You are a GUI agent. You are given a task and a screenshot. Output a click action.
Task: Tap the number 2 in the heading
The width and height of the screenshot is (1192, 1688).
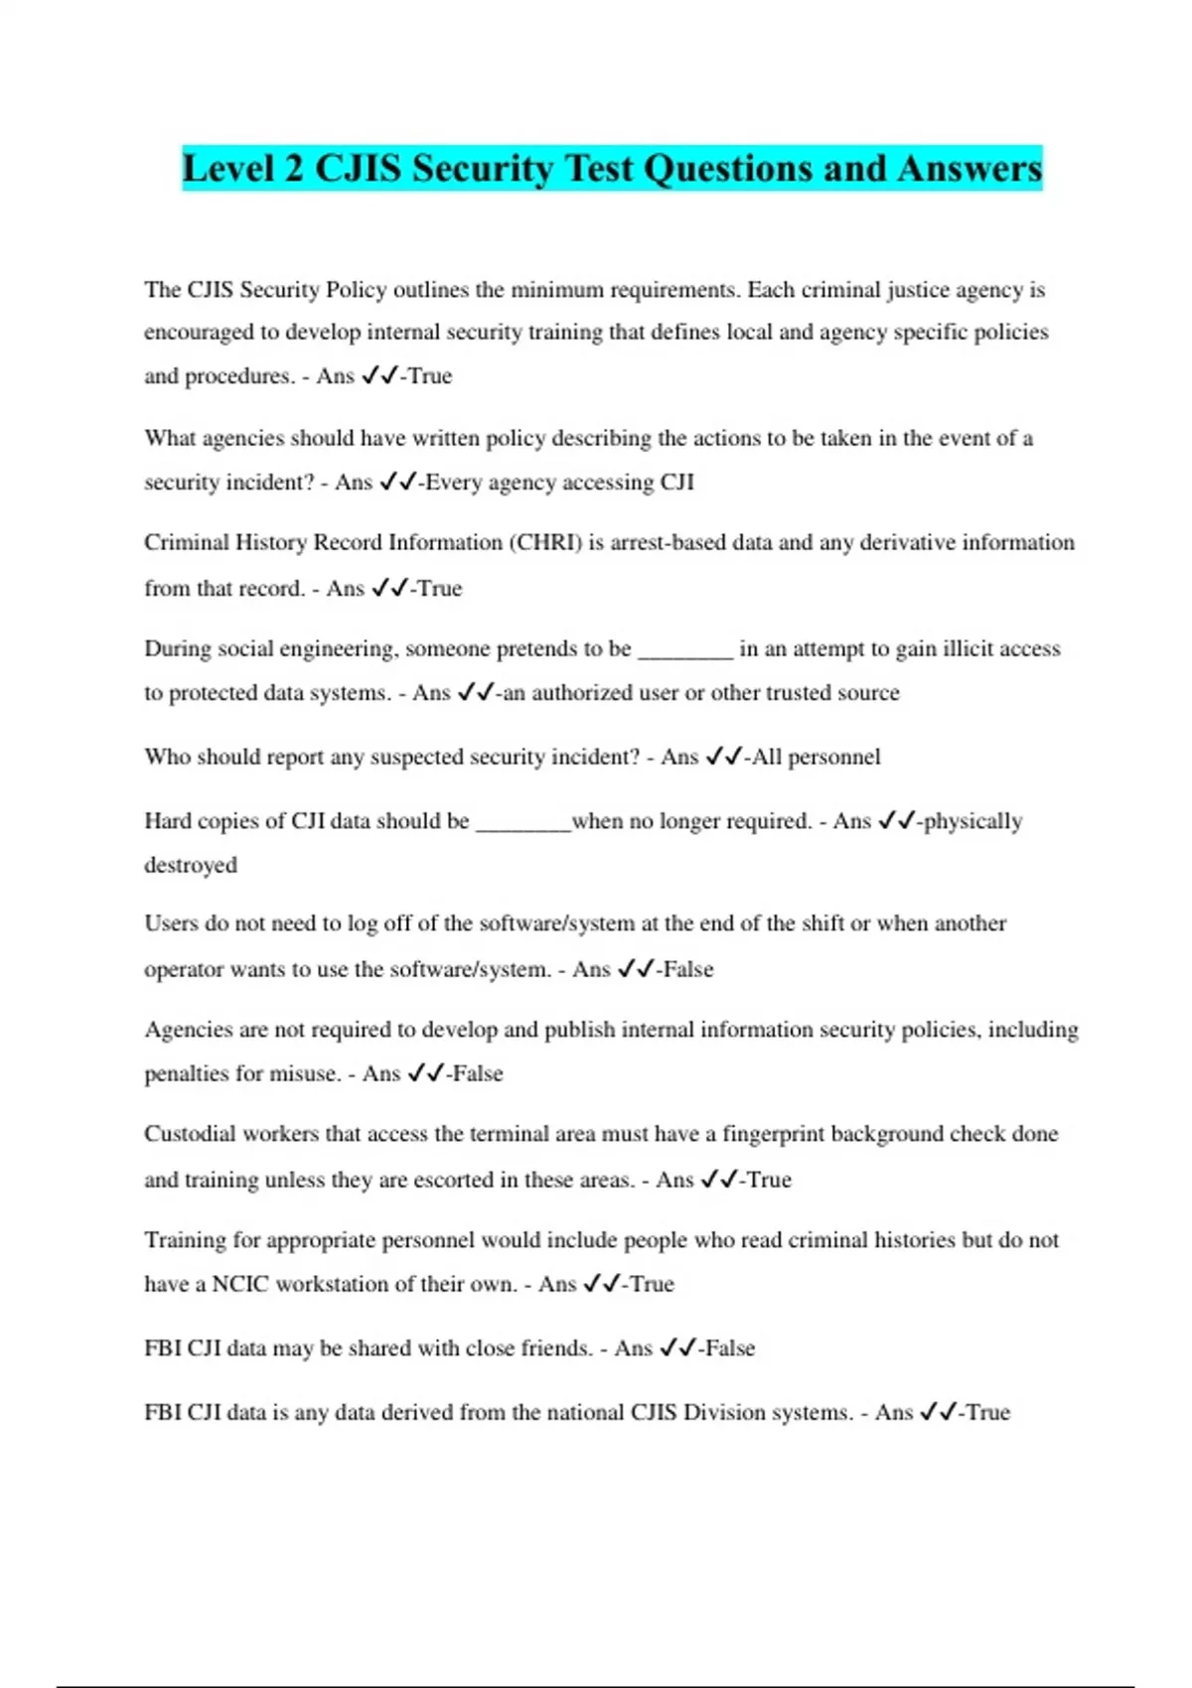point(293,168)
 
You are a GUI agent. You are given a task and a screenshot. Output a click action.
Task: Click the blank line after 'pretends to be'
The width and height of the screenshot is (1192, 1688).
point(684,649)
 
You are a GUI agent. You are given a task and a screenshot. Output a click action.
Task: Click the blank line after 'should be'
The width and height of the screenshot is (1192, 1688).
point(523,822)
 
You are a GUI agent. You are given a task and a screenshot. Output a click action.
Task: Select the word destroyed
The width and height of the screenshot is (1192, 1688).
point(191,865)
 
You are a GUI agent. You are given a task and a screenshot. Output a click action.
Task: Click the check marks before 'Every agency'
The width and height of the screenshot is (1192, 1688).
point(397,482)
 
